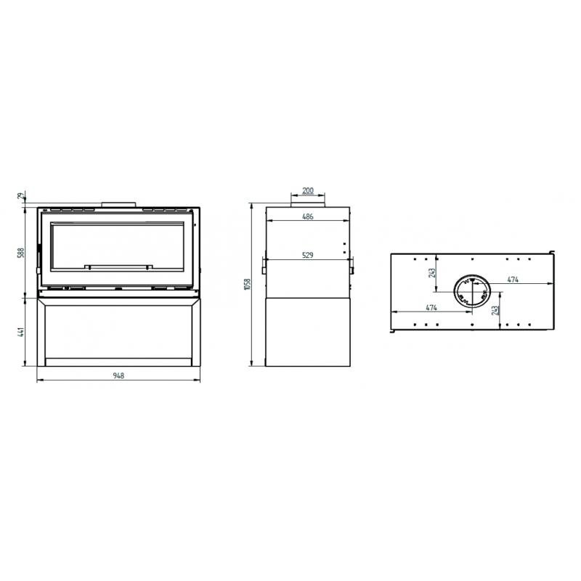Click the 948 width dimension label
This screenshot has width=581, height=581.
[118, 375]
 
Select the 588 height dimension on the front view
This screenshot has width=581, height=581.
[22, 252]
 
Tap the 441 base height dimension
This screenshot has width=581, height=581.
[22, 332]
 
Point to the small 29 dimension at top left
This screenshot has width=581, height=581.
[21, 196]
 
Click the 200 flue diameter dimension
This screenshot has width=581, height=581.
[307, 191]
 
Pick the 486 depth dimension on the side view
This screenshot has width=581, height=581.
[307, 216]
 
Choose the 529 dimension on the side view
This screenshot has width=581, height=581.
[307, 256]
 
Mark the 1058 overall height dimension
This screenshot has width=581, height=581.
[247, 285]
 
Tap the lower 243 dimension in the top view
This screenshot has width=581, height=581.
[495, 310]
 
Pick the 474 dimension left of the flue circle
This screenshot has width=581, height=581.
[431, 308]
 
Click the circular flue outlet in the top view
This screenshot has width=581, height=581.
[472, 293]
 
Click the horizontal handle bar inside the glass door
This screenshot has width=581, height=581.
[118, 267]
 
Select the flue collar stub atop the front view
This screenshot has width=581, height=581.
[118, 204]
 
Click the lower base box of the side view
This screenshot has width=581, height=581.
[307, 330]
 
